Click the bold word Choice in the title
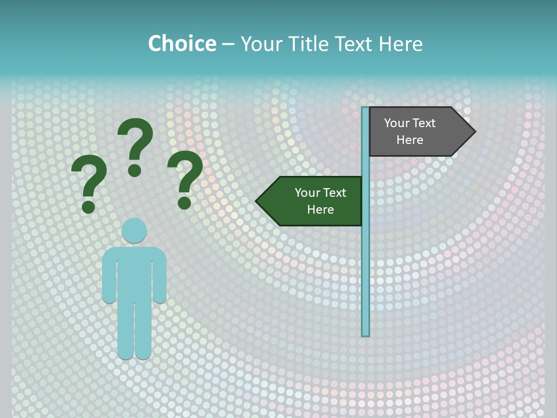[182, 44]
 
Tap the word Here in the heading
[400, 44]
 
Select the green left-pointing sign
[313, 201]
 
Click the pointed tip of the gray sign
[473, 132]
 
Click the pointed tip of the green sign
[258, 201]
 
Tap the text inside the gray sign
[410, 131]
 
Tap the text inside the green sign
[320, 201]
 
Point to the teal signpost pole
[366, 261]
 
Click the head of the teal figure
[134, 230]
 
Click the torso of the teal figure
[134, 273]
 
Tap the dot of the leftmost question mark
[88, 207]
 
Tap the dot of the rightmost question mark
[185, 203]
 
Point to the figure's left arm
[109, 279]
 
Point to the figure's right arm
[159, 279]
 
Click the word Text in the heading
[355, 44]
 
